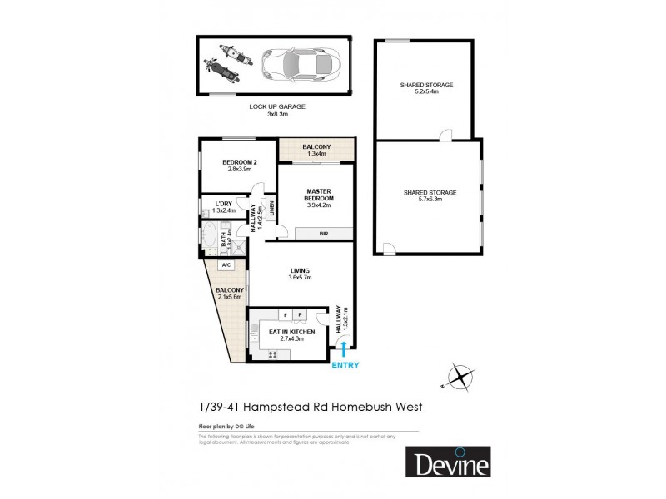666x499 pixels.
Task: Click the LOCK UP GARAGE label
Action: [x=277, y=107]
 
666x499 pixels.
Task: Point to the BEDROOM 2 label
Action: [x=239, y=161]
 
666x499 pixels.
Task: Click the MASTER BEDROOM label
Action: [x=319, y=195]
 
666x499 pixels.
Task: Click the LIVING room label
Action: [x=300, y=271]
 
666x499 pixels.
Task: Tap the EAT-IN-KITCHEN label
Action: [x=286, y=332]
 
